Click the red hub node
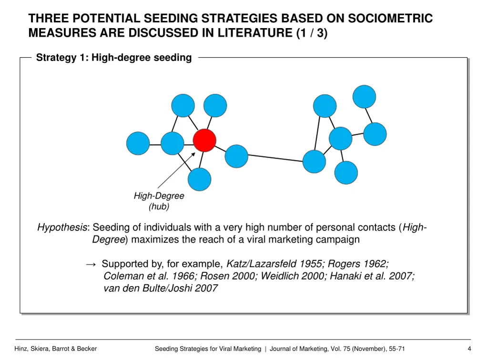(x=204, y=140)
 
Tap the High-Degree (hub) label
(x=159, y=201)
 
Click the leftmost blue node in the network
(x=138, y=143)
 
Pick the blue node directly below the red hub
(x=199, y=180)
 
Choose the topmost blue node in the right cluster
(x=364, y=97)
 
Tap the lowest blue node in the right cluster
(x=346, y=172)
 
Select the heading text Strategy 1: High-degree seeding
(x=114, y=58)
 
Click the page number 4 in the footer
(x=469, y=349)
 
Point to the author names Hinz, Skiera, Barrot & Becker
(x=56, y=349)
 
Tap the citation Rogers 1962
(x=358, y=264)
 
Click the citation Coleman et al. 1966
(x=149, y=276)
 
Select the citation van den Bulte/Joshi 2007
(x=161, y=288)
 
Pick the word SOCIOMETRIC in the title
(x=390, y=19)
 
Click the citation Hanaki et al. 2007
(x=372, y=276)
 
